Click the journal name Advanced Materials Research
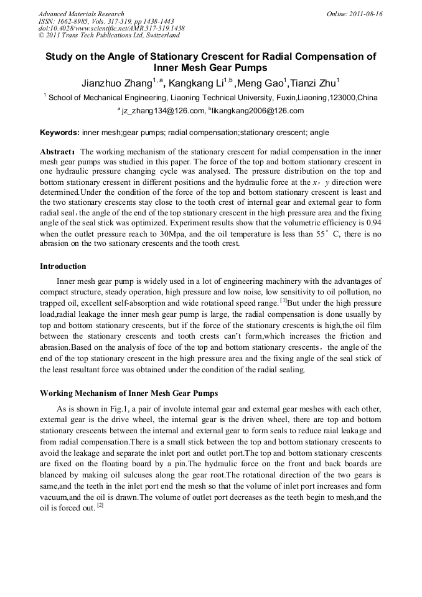coord(81,14)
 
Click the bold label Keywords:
coord(60,133)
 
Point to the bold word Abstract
coord(57,151)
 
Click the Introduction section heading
coord(63,266)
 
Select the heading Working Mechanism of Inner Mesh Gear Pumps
coord(129,393)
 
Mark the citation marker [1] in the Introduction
coord(283,301)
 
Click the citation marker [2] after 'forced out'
coord(99,505)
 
